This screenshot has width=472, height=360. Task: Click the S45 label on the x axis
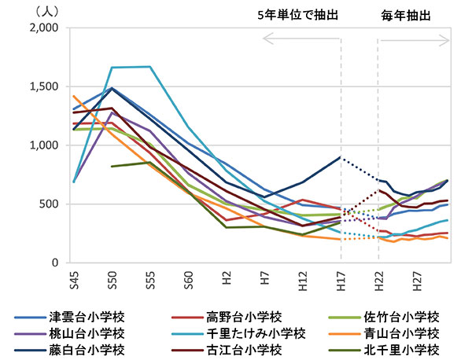tap(73, 277)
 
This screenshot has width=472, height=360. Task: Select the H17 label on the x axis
tap(341, 277)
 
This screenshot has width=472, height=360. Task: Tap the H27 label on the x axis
tap(417, 277)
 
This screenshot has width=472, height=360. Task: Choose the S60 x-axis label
tap(188, 277)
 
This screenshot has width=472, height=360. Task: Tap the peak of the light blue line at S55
tap(149, 67)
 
